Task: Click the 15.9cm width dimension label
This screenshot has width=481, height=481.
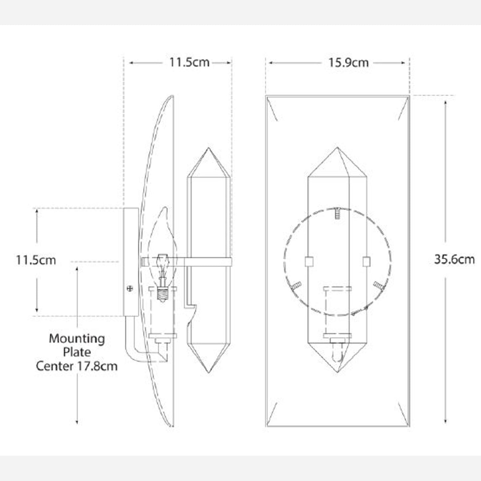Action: click(x=349, y=63)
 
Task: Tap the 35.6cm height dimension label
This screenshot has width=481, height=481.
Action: click(x=454, y=259)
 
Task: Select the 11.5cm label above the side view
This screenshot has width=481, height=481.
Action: click(x=189, y=62)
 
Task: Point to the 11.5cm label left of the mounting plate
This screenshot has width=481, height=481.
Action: click(x=36, y=260)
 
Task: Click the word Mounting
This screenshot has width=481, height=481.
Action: click(x=77, y=339)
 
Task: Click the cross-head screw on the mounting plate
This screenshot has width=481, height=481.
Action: click(x=130, y=289)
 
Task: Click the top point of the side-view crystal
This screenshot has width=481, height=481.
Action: click(x=208, y=148)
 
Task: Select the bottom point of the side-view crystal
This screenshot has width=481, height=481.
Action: click(x=208, y=373)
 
